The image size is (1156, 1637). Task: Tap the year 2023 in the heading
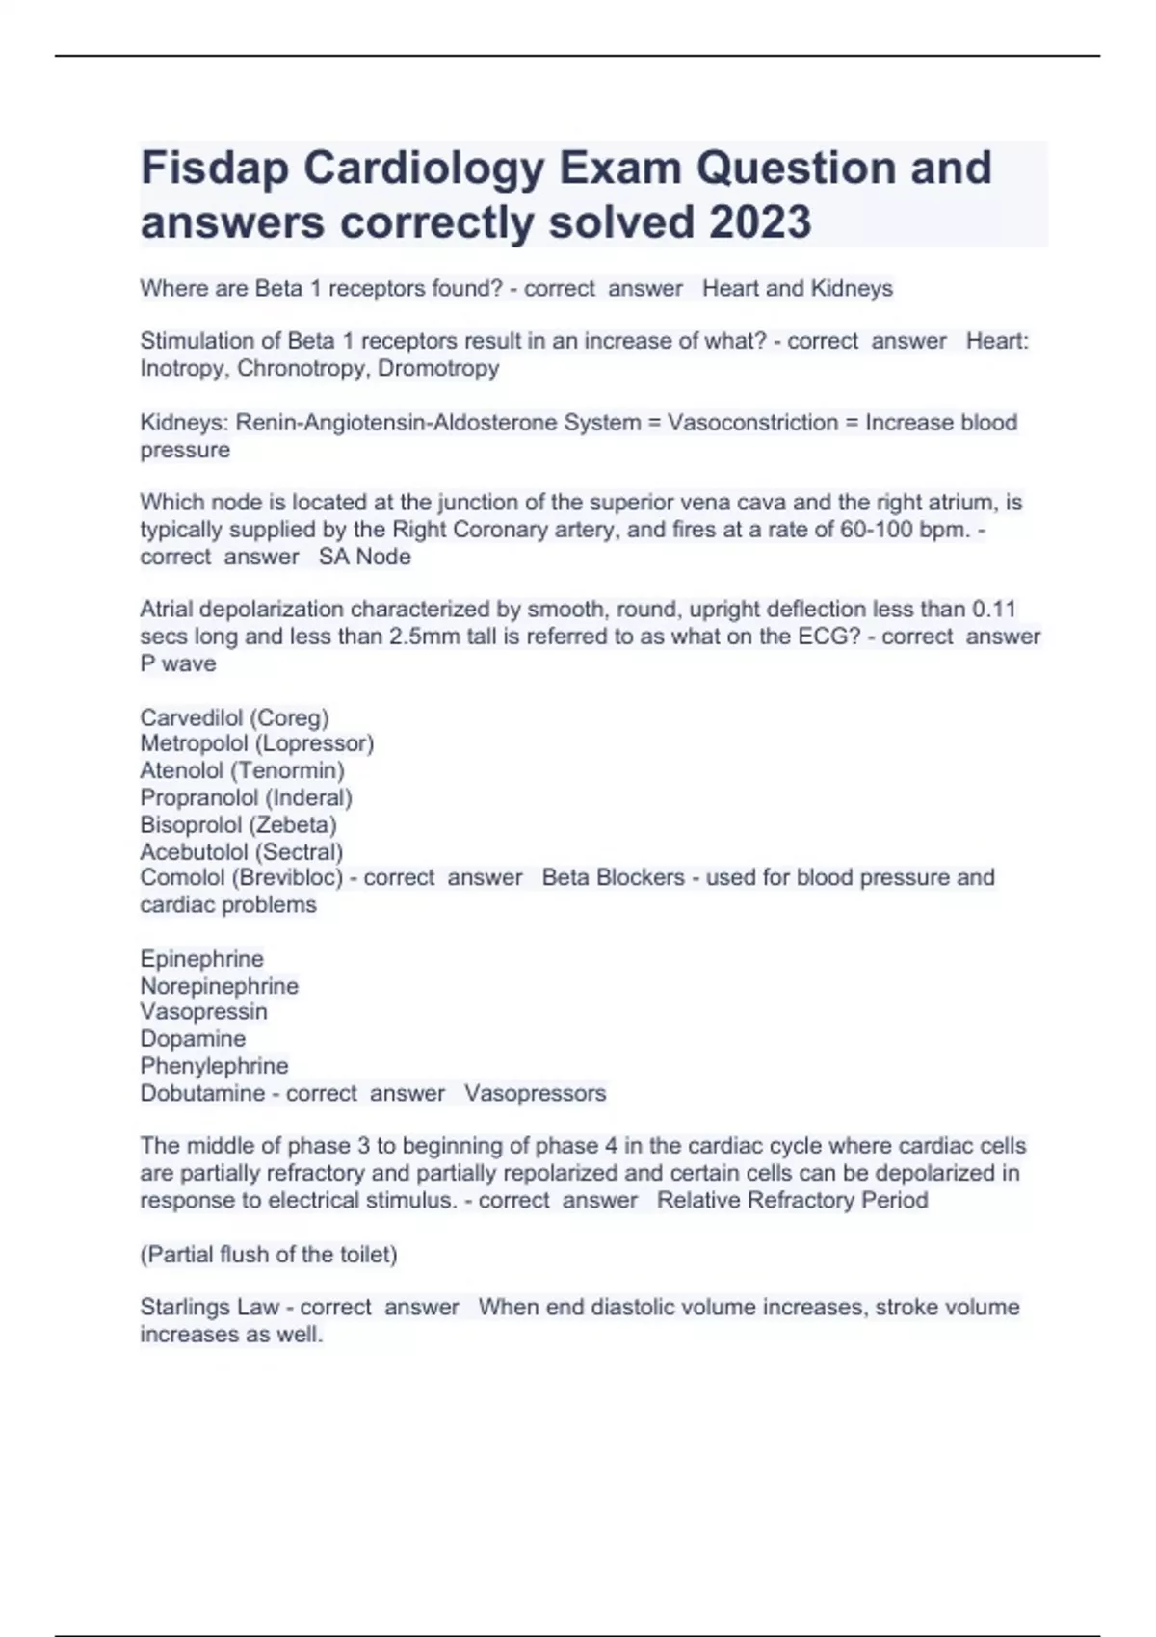pyautogui.click(x=760, y=222)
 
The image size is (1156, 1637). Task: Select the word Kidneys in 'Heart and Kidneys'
pyautogui.click(x=852, y=289)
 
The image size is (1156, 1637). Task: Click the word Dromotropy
pyautogui.click(x=438, y=369)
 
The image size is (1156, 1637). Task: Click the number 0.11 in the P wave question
pyautogui.click(x=994, y=610)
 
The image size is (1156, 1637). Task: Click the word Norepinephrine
pyautogui.click(x=220, y=987)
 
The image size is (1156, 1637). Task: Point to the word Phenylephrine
pyautogui.click(x=214, y=1067)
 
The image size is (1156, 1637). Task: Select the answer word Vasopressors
pyautogui.click(x=535, y=1094)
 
